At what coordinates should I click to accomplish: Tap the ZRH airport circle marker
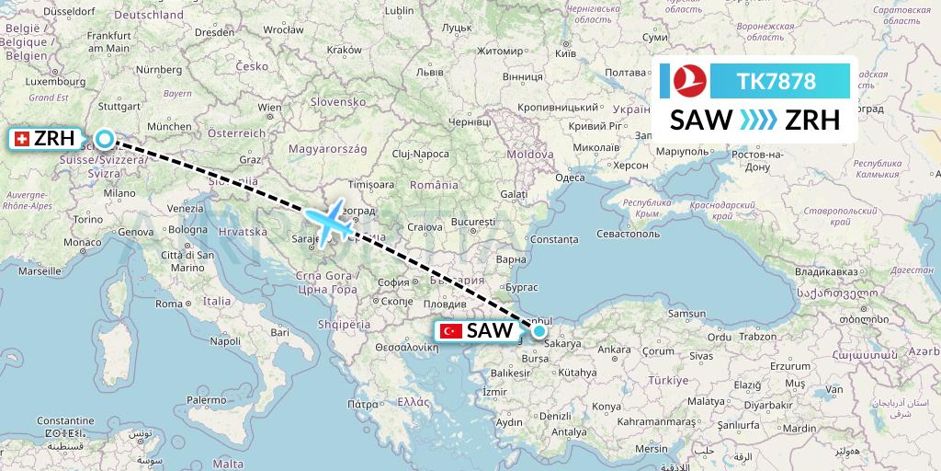(105, 139)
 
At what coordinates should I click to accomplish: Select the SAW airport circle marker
(539, 331)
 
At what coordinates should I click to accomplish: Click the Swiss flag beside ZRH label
(22, 139)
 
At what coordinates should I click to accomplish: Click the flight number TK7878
(777, 81)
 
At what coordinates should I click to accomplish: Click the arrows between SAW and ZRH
(757, 121)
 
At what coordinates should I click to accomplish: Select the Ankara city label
(614, 350)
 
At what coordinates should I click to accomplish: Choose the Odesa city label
(571, 178)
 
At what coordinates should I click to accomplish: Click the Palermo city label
(206, 400)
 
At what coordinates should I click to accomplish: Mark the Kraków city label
(345, 49)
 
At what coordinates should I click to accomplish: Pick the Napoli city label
(225, 340)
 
